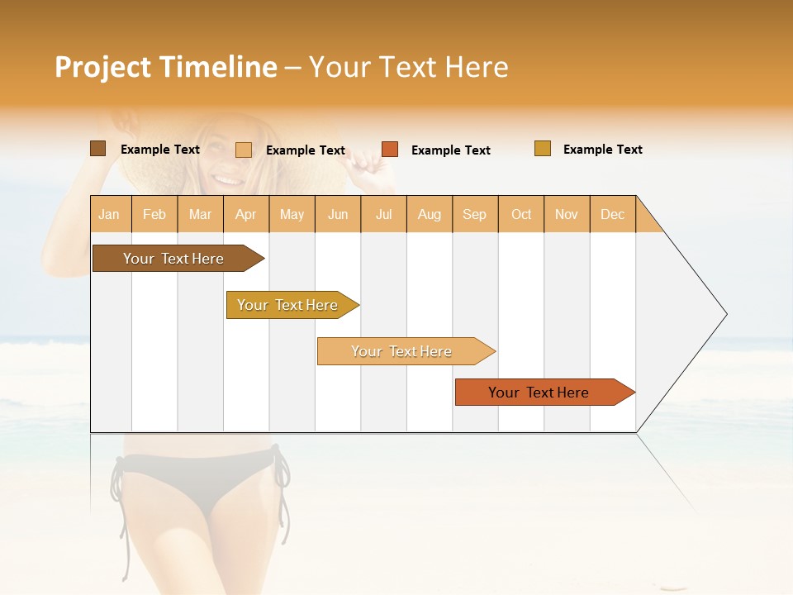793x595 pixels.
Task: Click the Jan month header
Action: [x=109, y=214]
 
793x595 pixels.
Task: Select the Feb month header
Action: [x=154, y=214]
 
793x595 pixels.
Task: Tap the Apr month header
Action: [x=245, y=214]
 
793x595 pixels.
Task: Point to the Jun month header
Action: [x=338, y=214]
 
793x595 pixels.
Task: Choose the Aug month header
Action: [x=429, y=214]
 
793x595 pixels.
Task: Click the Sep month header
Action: [x=474, y=214]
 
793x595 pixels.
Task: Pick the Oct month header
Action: [x=521, y=214]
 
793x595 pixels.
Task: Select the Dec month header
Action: [x=612, y=214]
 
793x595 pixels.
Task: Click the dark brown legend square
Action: [x=97, y=149]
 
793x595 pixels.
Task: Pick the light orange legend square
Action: [x=244, y=150]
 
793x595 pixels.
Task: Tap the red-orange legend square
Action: [x=390, y=150]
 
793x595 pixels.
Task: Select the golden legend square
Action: [x=542, y=149]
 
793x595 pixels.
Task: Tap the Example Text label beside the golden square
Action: [x=602, y=150]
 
